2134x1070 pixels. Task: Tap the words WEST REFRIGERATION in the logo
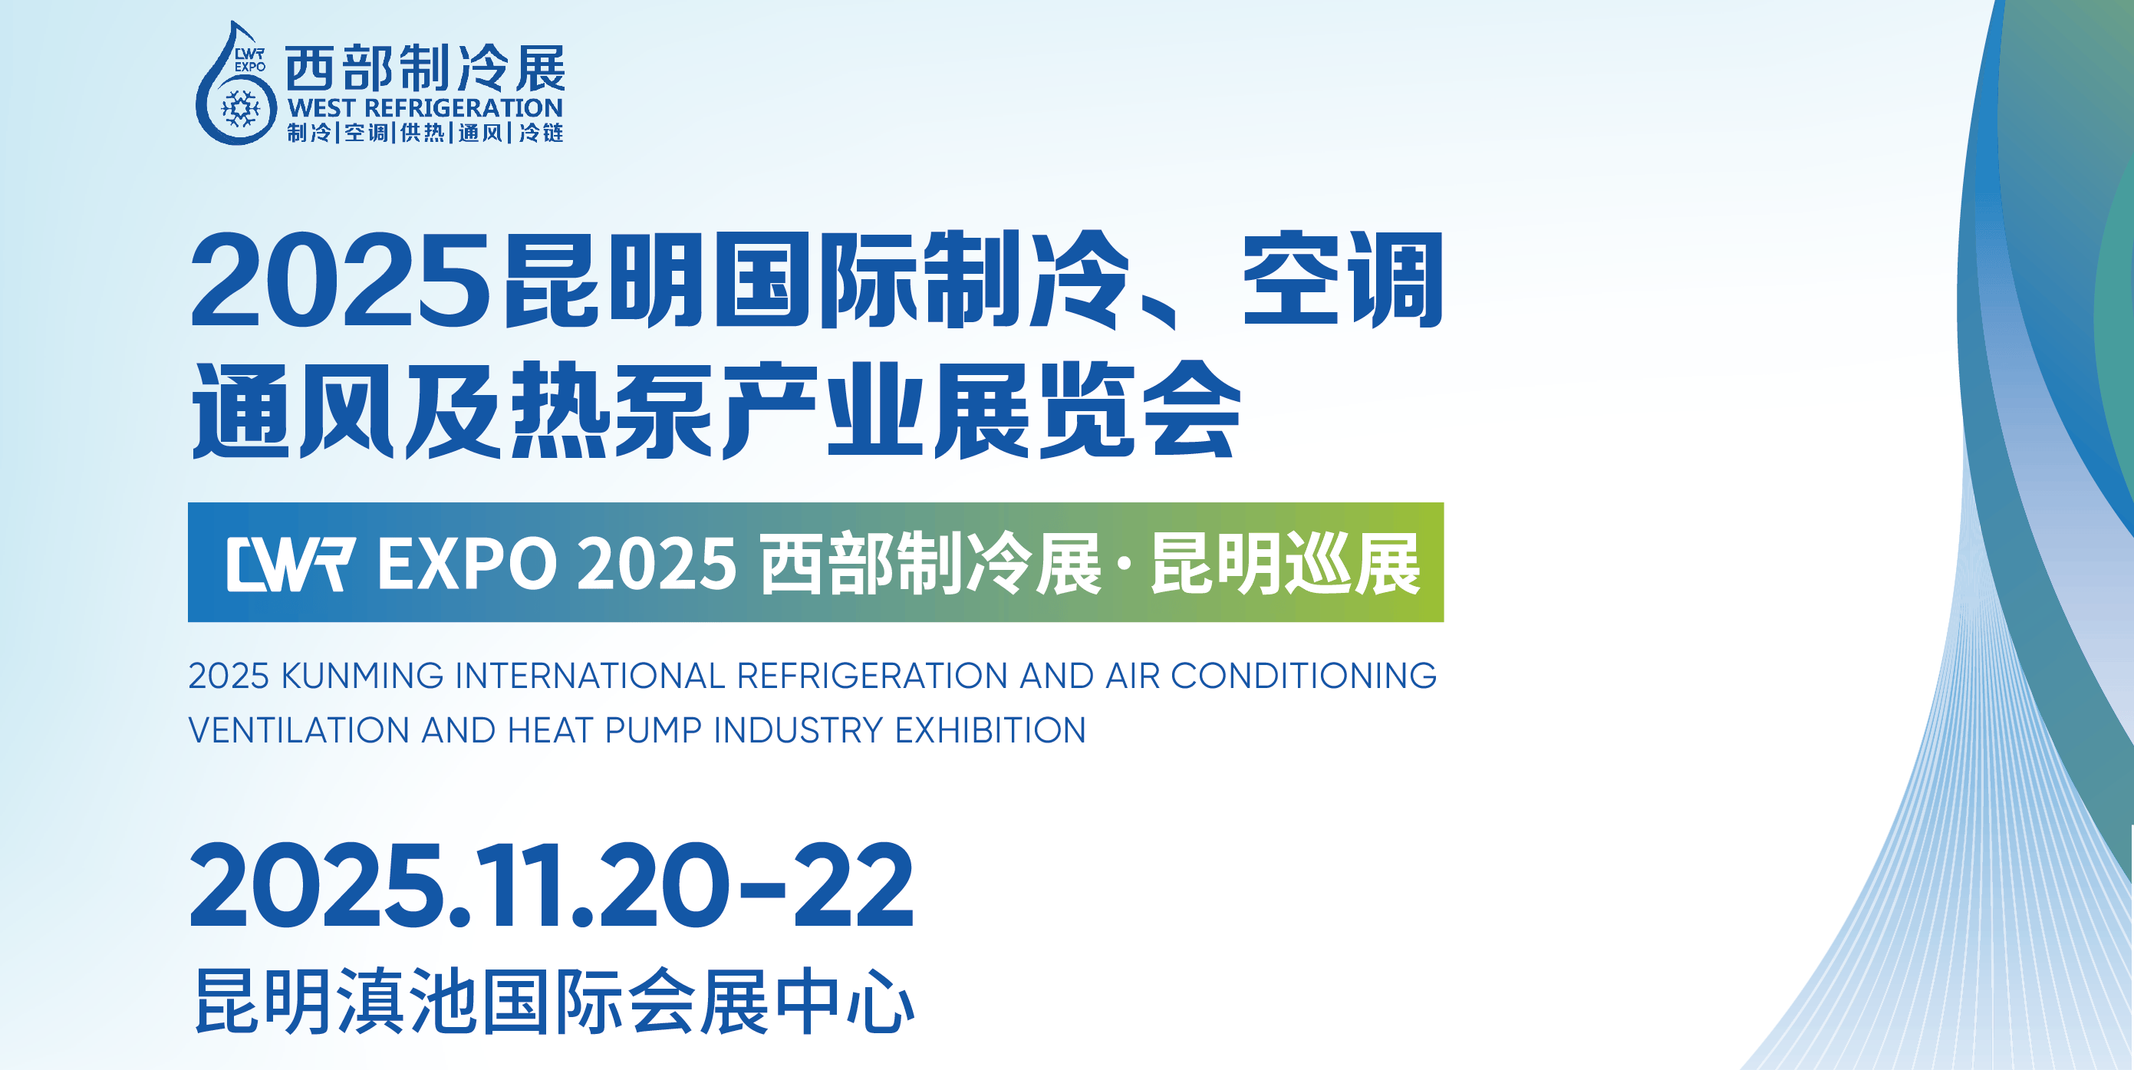pos(425,108)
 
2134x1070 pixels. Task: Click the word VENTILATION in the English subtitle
pos(299,730)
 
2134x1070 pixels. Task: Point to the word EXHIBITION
pos(991,730)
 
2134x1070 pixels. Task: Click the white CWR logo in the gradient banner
pos(291,564)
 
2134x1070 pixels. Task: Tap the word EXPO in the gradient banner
pos(467,564)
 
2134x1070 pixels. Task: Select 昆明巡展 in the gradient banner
pos(1286,564)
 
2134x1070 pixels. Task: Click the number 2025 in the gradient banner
pos(657,564)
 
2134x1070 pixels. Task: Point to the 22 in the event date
pos(854,885)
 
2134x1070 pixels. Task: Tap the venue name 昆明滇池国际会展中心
pos(554,1001)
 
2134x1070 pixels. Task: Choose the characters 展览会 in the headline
pos(1087,410)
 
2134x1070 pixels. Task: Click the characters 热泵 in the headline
pos(611,410)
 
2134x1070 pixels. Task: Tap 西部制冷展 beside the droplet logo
pos(425,68)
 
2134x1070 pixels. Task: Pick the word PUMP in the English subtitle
pos(654,730)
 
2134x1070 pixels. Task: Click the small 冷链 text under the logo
pos(541,133)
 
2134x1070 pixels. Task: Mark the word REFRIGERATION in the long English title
pos(872,676)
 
